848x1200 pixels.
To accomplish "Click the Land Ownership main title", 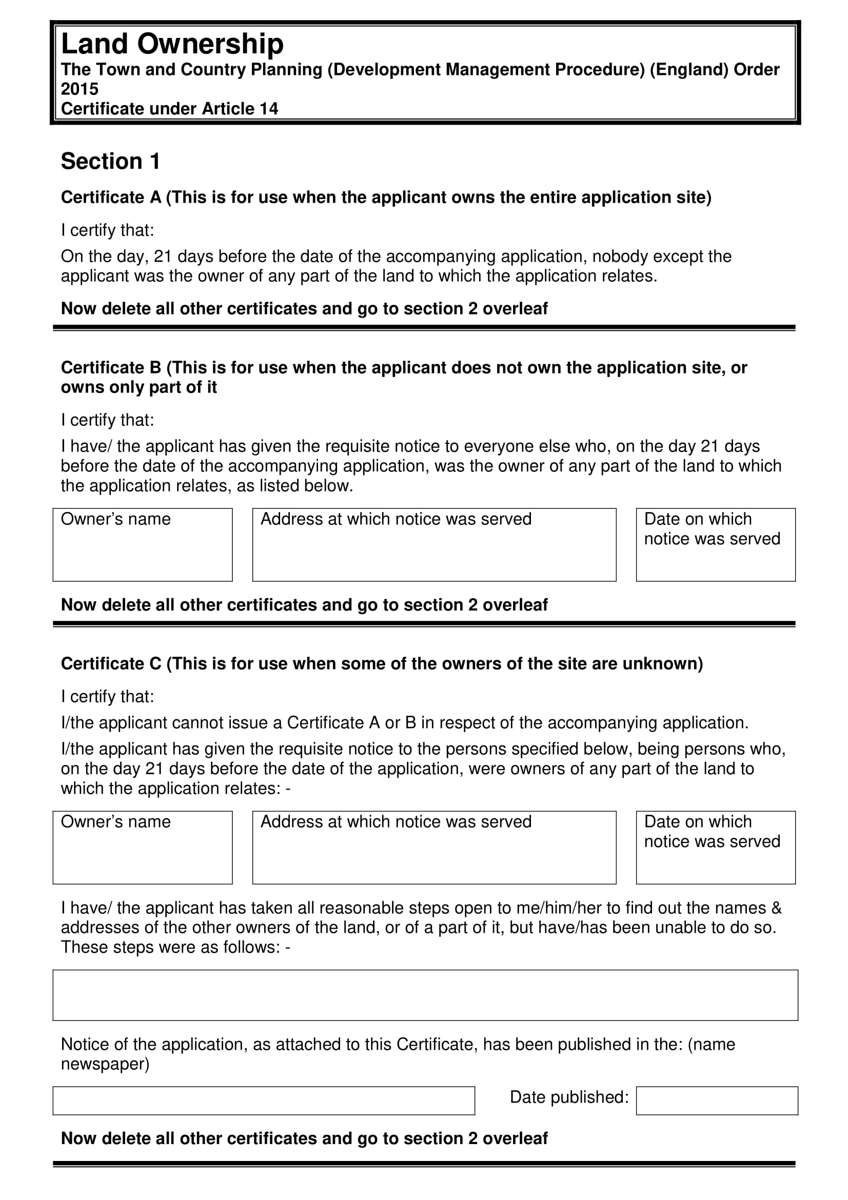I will tap(172, 44).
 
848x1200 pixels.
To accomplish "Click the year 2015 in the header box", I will tap(80, 89).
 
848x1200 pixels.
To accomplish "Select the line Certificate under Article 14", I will tap(169, 109).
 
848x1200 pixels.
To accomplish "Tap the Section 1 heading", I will tap(110, 162).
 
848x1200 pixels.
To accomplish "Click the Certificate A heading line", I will tap(386, 198).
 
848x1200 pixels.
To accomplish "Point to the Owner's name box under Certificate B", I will tap(142, 545).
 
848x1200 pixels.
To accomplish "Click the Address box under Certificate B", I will tap(433, 545).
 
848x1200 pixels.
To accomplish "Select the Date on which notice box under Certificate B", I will tap(715, 545).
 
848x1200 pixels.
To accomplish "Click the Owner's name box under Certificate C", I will tap(142, 847).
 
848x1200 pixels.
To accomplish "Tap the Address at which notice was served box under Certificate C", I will tap(433, 847).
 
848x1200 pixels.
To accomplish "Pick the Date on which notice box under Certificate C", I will tap(715, 847).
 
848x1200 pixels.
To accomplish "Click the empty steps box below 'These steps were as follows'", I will tap(425, 995).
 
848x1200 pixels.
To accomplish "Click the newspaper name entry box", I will tap(263, 1100).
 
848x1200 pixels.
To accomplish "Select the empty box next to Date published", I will tap(716, 1100).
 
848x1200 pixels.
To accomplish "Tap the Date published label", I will tap(569, 1097).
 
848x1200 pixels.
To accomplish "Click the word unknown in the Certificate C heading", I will tap(661, 664).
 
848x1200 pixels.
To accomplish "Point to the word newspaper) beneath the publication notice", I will tap(105, 1064).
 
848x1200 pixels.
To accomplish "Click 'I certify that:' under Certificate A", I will tap(107, 230).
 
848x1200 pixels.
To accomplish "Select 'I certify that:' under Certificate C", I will tap(107, 697).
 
